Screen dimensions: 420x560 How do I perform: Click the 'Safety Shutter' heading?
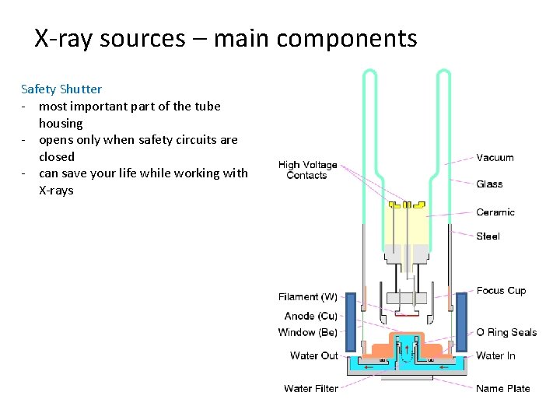[61, 89]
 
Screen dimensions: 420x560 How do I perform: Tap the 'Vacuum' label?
[495, 157]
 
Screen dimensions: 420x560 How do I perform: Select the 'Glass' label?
[489, 184]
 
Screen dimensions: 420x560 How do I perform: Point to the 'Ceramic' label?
[495, 212]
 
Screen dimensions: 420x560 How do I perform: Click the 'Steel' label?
[488, 236]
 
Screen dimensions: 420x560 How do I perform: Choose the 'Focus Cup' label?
[501, 290]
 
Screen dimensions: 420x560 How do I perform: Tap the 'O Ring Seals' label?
[506, 332]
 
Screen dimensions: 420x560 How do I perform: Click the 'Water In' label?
[495, 355]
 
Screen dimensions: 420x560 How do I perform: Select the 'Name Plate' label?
[502, 388]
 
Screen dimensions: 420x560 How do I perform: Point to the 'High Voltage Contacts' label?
[307, 170]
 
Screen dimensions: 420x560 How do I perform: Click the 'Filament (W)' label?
[308, 296]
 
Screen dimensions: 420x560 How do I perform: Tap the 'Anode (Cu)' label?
[310, 316]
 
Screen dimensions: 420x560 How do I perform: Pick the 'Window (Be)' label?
[308, 332]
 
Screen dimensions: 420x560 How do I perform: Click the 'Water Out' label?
[314, 355]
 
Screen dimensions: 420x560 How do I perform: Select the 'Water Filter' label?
[311, 388]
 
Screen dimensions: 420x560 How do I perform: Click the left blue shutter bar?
[351, 321]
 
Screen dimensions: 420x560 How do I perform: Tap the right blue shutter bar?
[461, 321]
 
